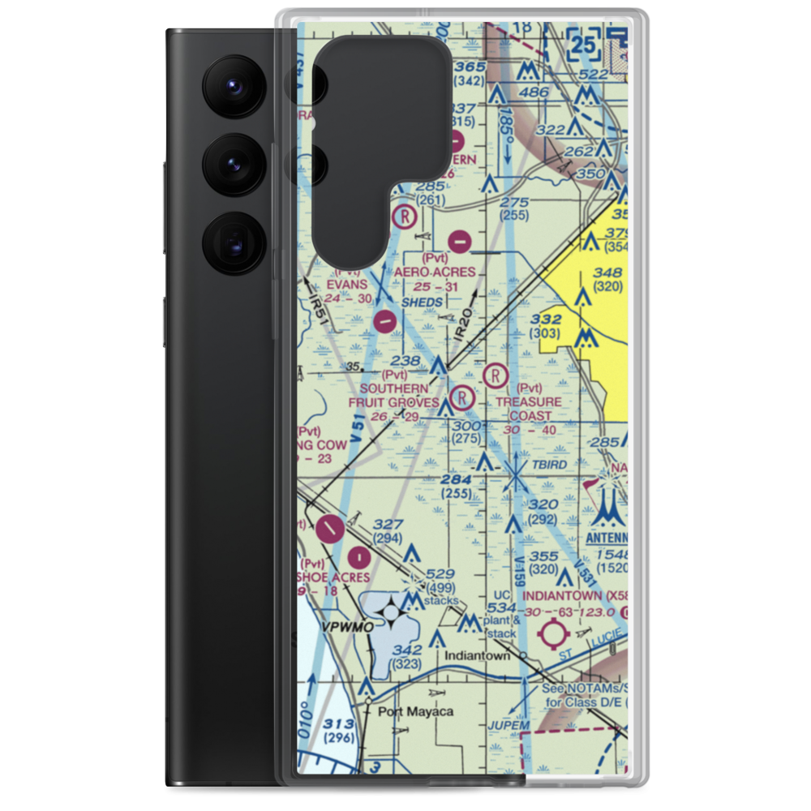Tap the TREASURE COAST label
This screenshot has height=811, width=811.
[x=529, y=409]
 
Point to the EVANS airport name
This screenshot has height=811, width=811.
[x=347, y=285]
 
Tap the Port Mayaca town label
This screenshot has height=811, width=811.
[x=415, y=712]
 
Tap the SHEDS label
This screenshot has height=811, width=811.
[x=423, y=303]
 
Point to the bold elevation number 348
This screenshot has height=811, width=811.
[x=608, y=272]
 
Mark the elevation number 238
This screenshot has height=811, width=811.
[x=405, y=361]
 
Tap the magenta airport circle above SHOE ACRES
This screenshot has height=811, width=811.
[x=358, y=557]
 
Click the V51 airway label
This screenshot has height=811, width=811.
[x=358, y=436]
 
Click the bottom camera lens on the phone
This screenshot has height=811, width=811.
[x=230, y=242]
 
